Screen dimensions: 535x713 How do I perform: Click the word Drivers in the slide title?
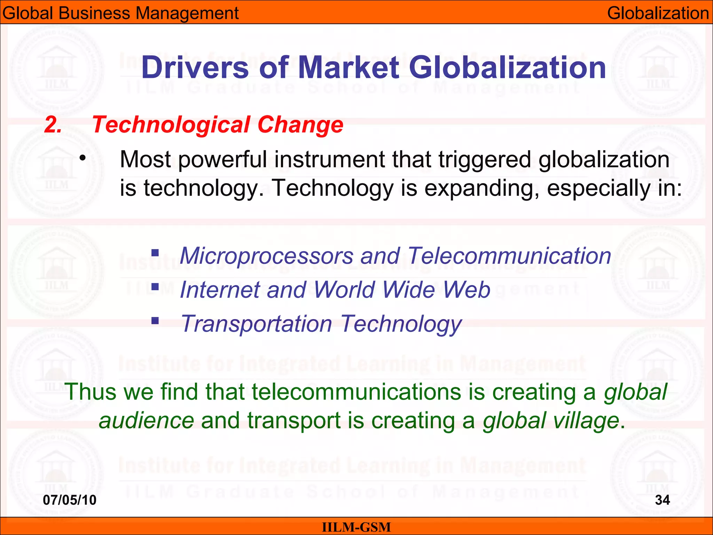coord(195,68)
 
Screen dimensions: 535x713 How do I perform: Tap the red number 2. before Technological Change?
coord(53,125)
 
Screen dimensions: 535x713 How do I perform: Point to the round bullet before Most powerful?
coord(82,159)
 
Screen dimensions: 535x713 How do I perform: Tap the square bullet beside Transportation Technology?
coord(155,320)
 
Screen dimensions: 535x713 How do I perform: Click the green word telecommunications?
coord(356,391)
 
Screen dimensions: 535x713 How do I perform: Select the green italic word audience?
coord(146,420)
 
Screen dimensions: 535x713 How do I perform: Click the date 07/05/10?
coord(70,500)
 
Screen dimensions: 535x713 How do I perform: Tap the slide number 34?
coord(662,500)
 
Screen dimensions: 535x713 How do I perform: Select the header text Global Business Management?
coord(120,13)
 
